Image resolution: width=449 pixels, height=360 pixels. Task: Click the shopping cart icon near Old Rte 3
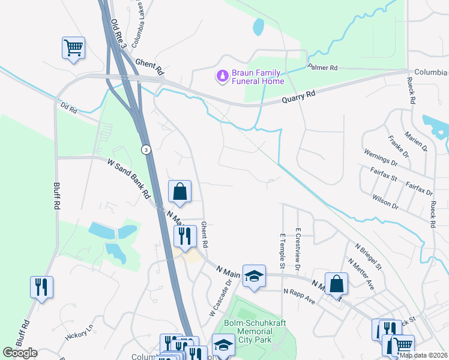(x=73, y=47)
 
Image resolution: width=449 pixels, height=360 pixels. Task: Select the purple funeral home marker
(x=222, y=76)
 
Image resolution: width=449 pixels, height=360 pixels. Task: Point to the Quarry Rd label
(x=298, y=97)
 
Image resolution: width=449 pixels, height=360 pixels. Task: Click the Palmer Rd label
(x=323, y=68)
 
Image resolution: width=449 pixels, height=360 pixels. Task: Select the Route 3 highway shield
(x=145, y=149)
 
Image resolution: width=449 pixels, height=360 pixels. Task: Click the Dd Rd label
(x=69, y=109)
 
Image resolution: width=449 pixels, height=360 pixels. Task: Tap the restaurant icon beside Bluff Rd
(x=41, y=287)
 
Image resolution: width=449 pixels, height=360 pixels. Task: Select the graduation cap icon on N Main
(x=254, y=275)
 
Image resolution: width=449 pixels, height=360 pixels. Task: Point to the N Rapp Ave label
(x=299, y=295)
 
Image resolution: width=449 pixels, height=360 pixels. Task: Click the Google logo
(x=20, y=353)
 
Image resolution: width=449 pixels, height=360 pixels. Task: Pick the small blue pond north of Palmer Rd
(x=259, y=26)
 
